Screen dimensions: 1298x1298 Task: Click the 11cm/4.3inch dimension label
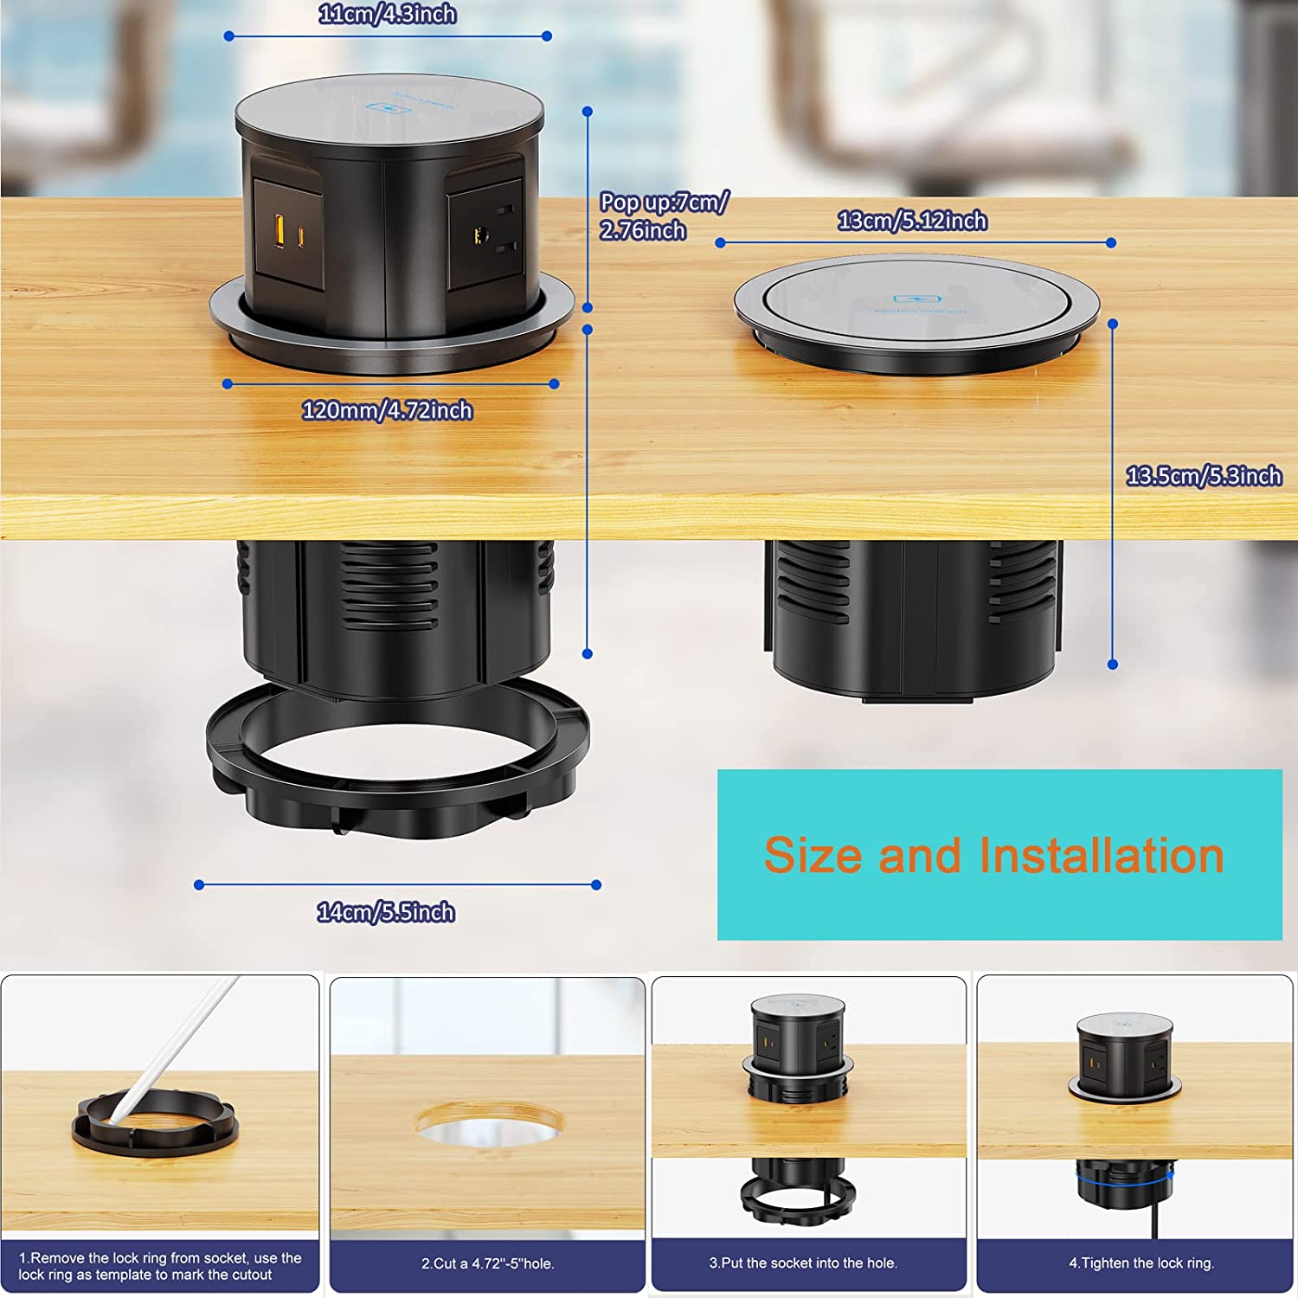click(387, 14)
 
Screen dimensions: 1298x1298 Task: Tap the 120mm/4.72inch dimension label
click(387, 410)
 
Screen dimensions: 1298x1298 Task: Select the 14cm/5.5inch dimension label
click(386, 912)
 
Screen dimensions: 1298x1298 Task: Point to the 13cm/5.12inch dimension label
click(912, 221)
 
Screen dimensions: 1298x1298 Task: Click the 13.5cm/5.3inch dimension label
click(1203, 476)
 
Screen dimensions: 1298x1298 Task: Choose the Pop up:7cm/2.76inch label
click(663, 216)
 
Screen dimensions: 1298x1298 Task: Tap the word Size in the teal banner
click(813, 856)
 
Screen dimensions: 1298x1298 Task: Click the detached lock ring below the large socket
click(398, 805)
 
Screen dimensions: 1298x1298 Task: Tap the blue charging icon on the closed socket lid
click(917, 299)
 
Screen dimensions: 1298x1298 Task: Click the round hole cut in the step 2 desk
click(489, 1125)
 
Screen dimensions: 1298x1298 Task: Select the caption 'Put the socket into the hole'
click(803, 1263)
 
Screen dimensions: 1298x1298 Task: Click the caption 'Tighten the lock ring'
click(1141, 1263)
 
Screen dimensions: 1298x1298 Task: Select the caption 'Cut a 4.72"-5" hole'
click(487, 1263)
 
